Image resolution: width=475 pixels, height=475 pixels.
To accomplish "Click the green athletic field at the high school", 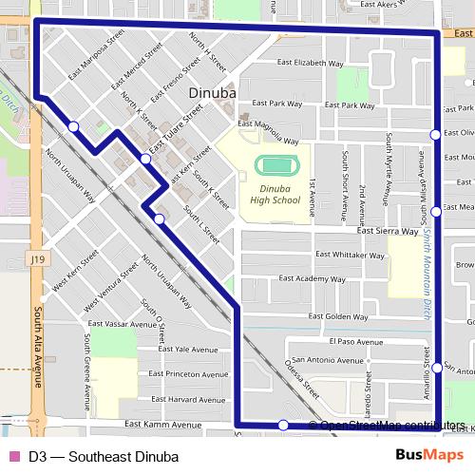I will click(x=277, y=165).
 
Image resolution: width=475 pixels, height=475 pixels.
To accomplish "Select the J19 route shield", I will click(x=37, y=257).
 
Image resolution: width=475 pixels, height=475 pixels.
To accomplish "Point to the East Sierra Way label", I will click(x=388, y=231).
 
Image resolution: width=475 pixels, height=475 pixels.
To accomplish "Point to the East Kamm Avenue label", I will click(x=165, y=425).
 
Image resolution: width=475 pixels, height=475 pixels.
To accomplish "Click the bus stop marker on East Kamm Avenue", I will click(x=283, y=425).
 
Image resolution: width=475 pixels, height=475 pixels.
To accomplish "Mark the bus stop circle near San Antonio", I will click(x=437, y=368).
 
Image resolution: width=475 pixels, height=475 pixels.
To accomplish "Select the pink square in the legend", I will click(x=13, y=455).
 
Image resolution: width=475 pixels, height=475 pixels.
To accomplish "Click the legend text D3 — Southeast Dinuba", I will click(x=91, y=455).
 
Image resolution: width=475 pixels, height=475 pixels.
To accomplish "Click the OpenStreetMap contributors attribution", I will click(x=391, y=426).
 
